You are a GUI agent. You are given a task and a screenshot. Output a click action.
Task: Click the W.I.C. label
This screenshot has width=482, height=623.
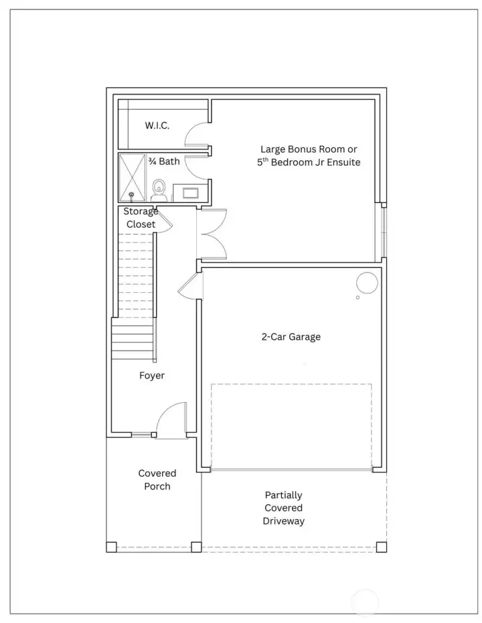[157, 126]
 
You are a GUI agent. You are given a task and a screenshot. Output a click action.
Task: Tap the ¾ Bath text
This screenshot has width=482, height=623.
[164, 161]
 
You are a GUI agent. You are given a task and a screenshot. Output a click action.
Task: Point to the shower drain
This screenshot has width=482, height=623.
[131, 196]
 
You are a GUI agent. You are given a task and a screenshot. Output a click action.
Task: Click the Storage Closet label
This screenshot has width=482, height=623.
[141, 218]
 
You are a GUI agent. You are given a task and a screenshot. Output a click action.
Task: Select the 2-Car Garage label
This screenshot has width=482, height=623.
[291, 337]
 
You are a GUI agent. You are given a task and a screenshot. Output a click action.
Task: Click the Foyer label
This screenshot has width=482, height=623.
[152, 376]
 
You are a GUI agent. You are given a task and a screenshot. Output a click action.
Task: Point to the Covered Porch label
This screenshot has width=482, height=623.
[157, 480]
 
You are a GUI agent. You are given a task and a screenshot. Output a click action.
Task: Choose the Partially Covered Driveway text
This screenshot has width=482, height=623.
[283, 508]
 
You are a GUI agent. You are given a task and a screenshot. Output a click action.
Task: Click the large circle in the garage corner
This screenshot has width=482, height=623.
[366, 282]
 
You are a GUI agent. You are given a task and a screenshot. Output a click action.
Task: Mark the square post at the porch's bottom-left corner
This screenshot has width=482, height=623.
[111, 547]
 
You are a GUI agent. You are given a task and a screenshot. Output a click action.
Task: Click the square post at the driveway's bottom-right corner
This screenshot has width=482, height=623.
[381, 547]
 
